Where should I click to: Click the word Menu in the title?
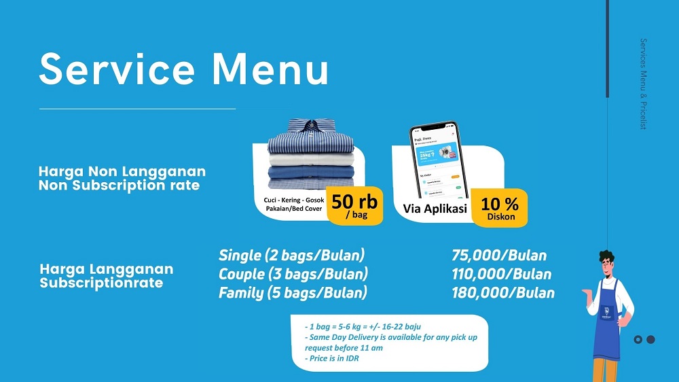click(270, 69)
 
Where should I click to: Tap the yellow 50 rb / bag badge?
click(354, 205)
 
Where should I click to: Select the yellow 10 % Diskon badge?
click(500, 208)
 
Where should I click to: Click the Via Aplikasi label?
click(435, 209)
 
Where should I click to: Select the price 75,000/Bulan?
click(498, 256)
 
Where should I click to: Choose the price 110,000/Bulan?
click(501, 275)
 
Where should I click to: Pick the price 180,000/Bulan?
click(502, 293)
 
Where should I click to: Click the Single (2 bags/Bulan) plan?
click(291, 256)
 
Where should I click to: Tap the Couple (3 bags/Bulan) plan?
click(293, 275)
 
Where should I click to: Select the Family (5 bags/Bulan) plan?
click(293, 293)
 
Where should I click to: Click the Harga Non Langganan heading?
click(122, 172)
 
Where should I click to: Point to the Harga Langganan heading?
click(107, 269)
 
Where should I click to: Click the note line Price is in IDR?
click(333, 358)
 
